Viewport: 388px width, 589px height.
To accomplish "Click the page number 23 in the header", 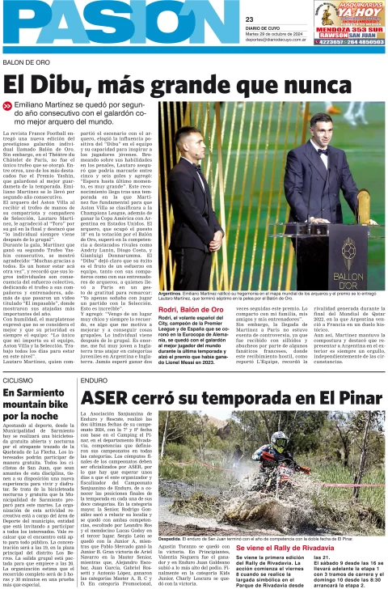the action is pyautogui.click(x=251, y=19).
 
